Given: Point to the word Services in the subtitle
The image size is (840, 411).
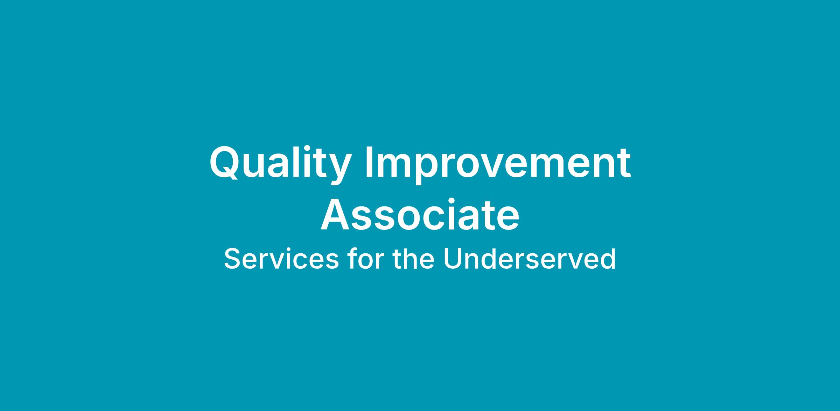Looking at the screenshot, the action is point(281,259).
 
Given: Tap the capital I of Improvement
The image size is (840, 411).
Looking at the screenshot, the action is point(368,162).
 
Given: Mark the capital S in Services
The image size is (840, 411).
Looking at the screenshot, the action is point(232,259).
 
